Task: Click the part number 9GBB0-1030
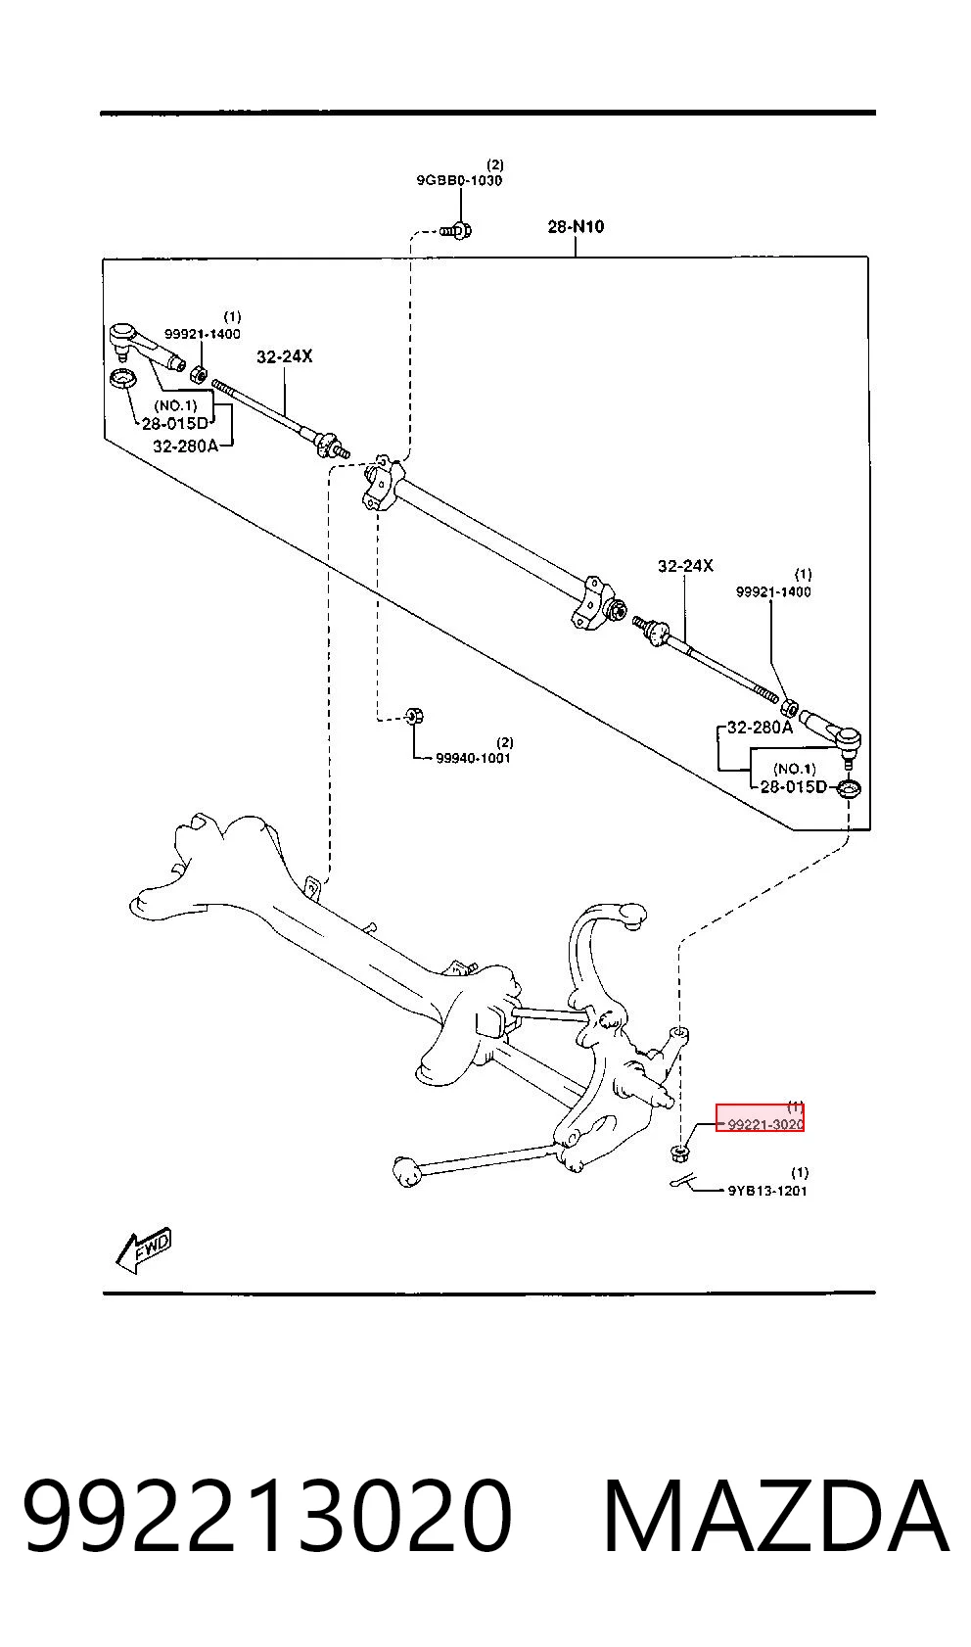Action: [x=459, y=181]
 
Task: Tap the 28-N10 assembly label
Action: [x=576, y=226]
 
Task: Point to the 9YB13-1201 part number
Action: [x=767, y=1191]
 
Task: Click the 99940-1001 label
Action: [x=473, y=758]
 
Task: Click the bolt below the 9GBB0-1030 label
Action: [x=457, y=231]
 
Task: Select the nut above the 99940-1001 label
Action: [x=415, y=715]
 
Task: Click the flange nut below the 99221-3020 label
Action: [x=680, y=1153]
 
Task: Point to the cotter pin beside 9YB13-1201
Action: [x=683, y=1182]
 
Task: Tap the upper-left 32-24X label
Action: [x=285, y=356]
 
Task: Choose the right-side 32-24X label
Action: [x=685, y=565]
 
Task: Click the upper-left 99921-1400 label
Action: [x=203, y=334]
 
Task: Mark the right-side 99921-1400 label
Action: [x=773, y=591]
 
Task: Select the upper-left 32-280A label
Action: [x=185, y=446]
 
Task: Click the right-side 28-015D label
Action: [x=793, y=786]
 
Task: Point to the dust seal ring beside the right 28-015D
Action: [x=850, y=790]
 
